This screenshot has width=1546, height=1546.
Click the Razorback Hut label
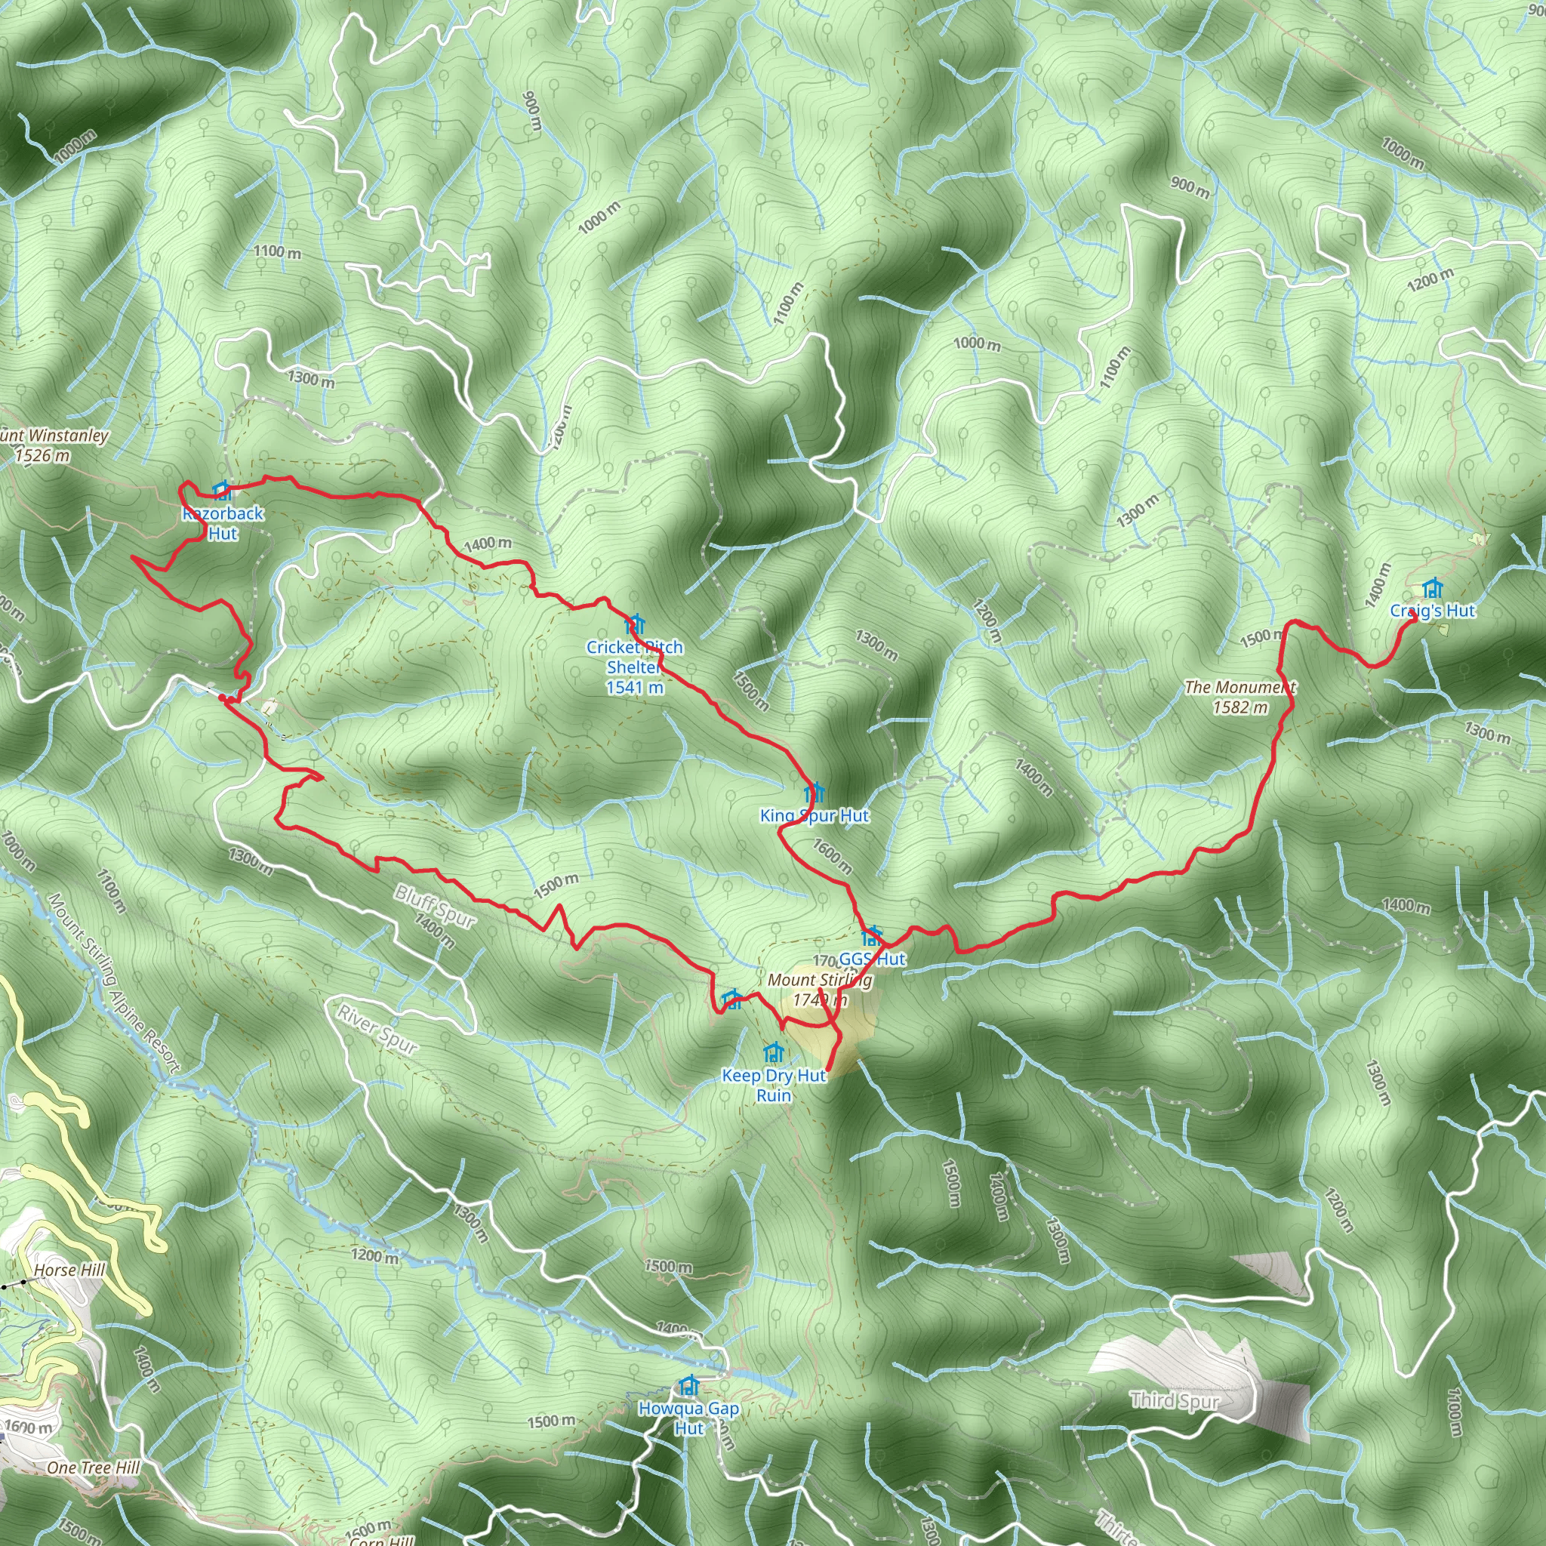click(x=223, y=523)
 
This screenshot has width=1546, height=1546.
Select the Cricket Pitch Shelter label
click(x=635, y=667)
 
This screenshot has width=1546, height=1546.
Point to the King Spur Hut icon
click(x=814, y=792)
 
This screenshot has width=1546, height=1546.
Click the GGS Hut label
click(x=872, y=959)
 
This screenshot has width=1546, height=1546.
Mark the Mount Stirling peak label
click(x=819, y=989)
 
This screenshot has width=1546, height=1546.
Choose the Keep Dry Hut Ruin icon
click(x=773, y=1052)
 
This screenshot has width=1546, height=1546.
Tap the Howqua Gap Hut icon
click(x=688, y=1384)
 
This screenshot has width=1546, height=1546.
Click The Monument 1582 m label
click(x=1240, y=696)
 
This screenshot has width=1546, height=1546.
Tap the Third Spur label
click(x=1175, y=1400)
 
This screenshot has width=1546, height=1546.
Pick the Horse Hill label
click(x=69, y=1270)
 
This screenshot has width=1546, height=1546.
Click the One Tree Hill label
click(x=93, y=1467)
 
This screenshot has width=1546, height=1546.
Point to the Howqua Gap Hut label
click(x=688, y=1417)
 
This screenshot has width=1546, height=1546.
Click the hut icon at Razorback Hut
click(x=222, y=490)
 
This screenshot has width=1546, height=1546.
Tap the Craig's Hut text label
click(x=1432, y=611)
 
